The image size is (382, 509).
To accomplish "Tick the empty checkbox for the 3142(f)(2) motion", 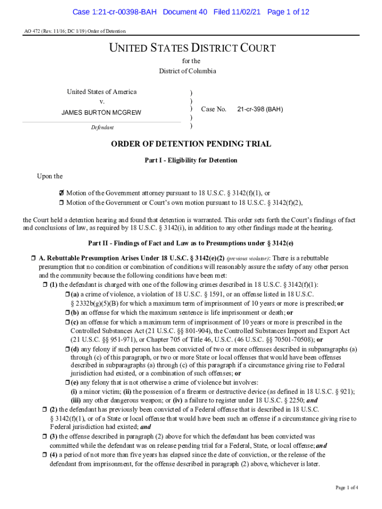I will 62,202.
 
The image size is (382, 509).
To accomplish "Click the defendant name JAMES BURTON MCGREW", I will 101,113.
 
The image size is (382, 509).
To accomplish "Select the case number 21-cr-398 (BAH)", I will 260,109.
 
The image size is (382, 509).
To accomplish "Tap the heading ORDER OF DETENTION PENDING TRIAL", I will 191,144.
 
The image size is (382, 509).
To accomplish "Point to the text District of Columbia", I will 188,71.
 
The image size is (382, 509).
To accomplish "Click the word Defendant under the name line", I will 102,128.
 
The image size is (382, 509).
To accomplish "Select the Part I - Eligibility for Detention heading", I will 191,161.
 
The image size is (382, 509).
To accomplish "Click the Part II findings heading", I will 191,243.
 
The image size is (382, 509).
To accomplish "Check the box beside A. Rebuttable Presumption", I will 33,258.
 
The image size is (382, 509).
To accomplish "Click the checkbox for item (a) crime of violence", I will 67,295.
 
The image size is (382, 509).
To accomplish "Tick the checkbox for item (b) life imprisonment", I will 67,313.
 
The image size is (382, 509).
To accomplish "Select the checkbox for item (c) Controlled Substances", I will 67,322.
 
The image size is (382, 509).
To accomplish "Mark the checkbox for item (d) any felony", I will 67,349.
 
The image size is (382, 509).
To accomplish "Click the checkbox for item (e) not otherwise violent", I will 67,382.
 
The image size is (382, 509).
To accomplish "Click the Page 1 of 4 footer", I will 347,488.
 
